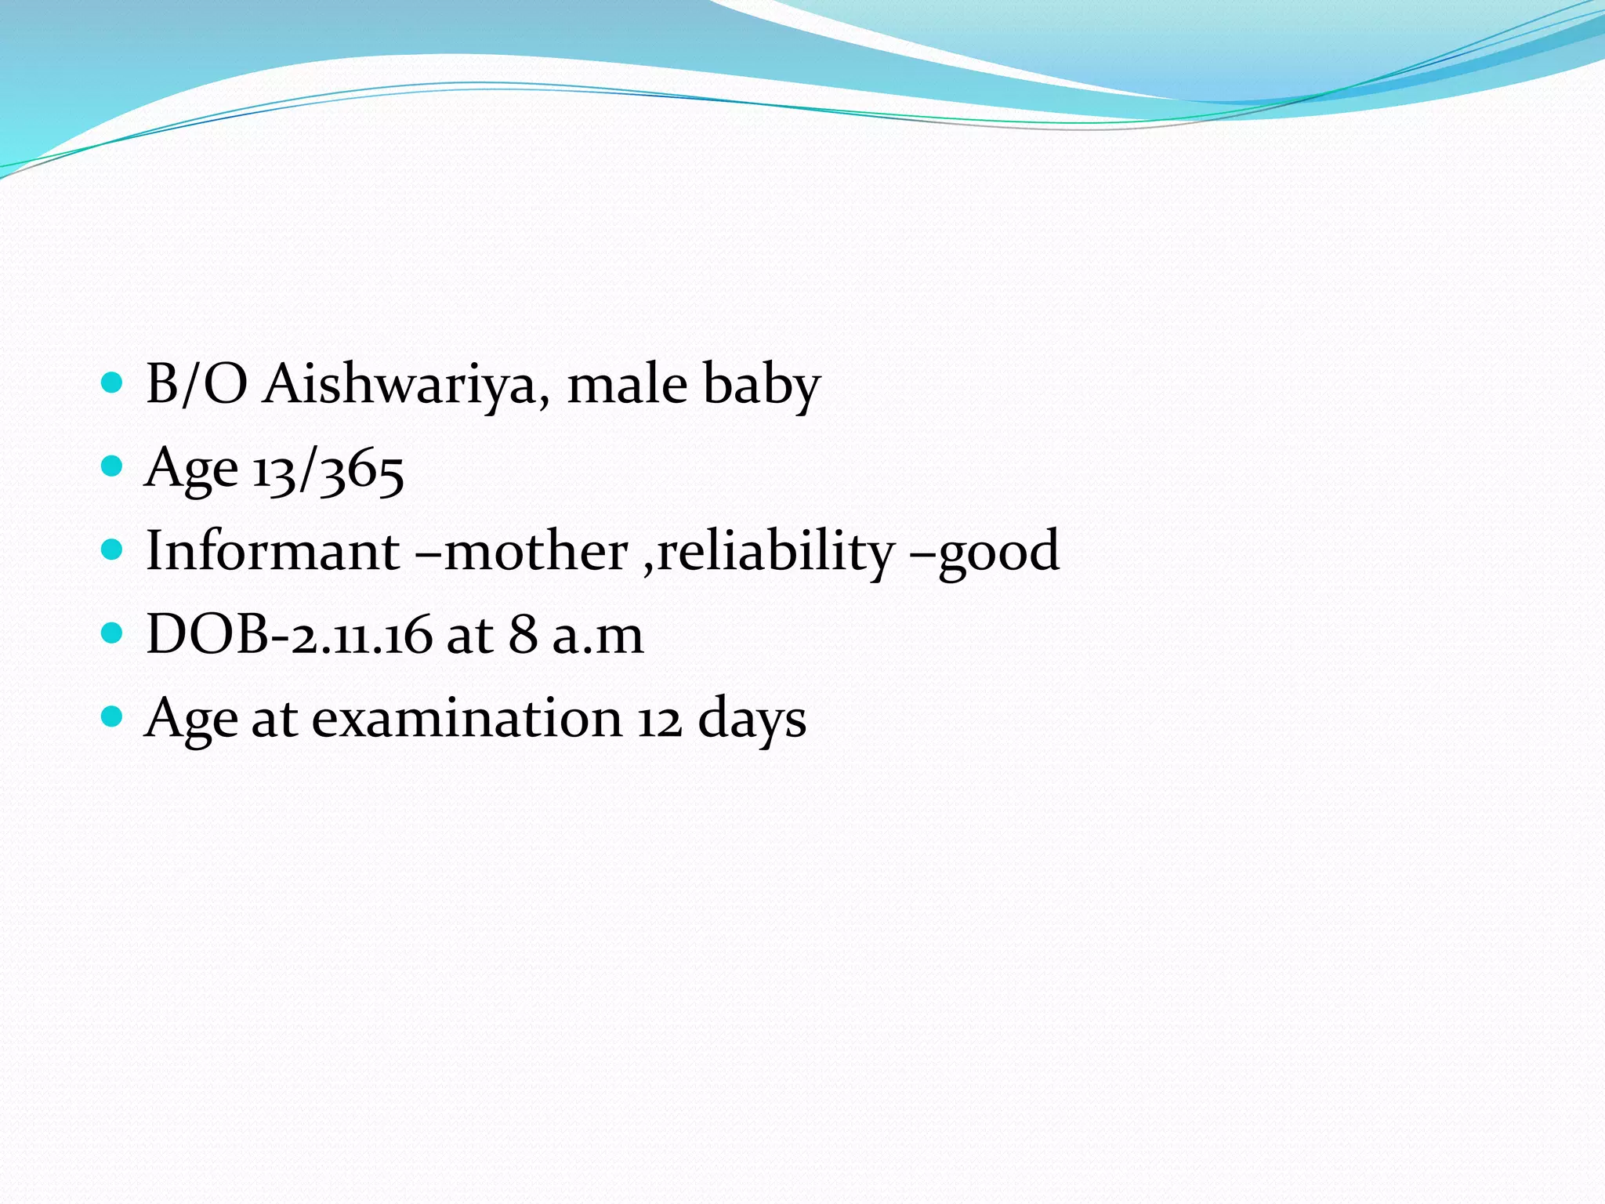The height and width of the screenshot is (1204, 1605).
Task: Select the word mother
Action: [536, 552]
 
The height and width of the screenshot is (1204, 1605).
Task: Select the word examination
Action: [467, 719]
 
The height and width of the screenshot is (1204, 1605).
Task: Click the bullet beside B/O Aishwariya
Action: [113, 383]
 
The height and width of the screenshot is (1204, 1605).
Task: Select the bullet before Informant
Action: [113, 549]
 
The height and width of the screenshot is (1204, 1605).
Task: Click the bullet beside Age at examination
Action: [113, 716]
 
